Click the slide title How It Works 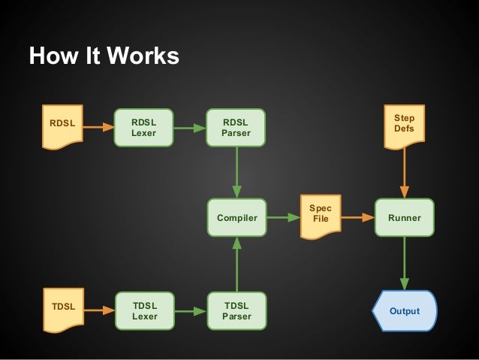(x=104, y=56)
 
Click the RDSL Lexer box (x=144, y=128)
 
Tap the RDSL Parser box (x=236, y=128)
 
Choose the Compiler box (x=236, y=218)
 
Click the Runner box (x=404, y=218)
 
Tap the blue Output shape (x=405, y=310)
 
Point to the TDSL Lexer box (x=144, y=310)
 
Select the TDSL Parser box (x=236, y=310)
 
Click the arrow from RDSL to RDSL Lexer (x=98, y=128)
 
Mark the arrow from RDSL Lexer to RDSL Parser (x=190, y=128)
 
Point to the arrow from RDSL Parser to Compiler (x=236, y=172)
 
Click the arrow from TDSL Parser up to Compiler (x=236, y=264)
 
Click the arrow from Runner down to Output (x=404, y=264)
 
